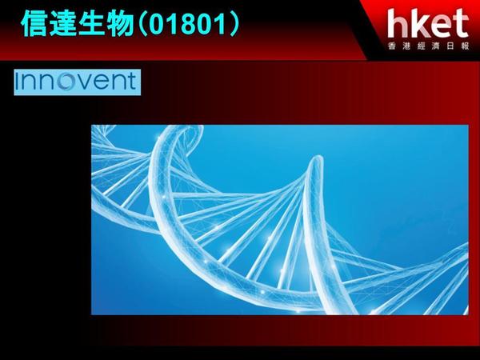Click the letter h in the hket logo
[x=397, y=23]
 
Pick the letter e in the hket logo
[x=438, y=26]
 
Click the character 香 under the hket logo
[x=392, y=46]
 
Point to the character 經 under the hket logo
[x=421, y=46]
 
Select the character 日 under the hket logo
[x=450, y=46]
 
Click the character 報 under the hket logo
[x=465, y=46]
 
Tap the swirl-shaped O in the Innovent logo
[x=65, y=82]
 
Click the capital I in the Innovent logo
[x=18, y=81]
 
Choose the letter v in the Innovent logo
[x=83, y=82]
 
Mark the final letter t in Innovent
[x=132, y=82]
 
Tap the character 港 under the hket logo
[x=406, y=46]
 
